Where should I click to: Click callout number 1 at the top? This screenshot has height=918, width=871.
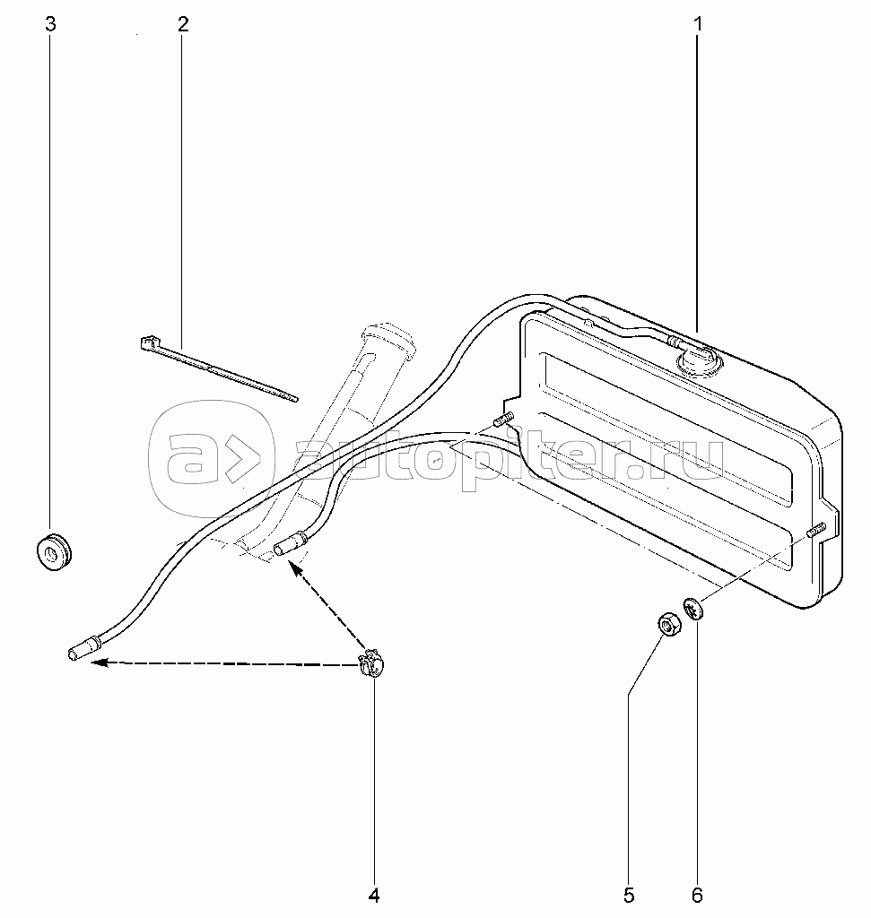coord(697,24)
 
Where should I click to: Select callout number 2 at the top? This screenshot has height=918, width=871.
coord(183,24)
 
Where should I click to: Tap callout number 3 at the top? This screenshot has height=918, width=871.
coord(51,24)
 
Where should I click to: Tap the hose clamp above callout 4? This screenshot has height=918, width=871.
coord(370,665)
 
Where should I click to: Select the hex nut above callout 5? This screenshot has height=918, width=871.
coord(666,623)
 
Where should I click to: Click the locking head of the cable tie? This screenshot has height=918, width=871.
coord(148,342)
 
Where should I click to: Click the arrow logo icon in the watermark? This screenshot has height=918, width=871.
coord(212,460)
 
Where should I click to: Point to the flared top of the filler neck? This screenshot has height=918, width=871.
coord(387,339)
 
